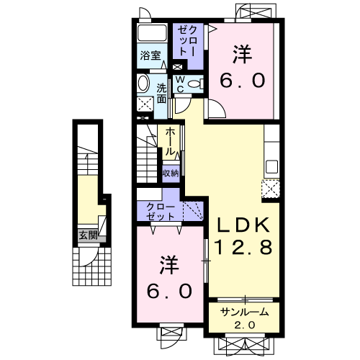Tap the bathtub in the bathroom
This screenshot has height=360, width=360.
pos(152,32)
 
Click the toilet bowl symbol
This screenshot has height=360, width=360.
pos(192,84)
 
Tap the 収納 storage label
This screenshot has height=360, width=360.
pos(170,173)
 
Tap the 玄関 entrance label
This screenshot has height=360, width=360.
pos(88,234)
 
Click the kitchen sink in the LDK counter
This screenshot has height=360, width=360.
pos(271,168)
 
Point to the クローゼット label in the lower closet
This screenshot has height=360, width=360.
pos(156,210)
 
